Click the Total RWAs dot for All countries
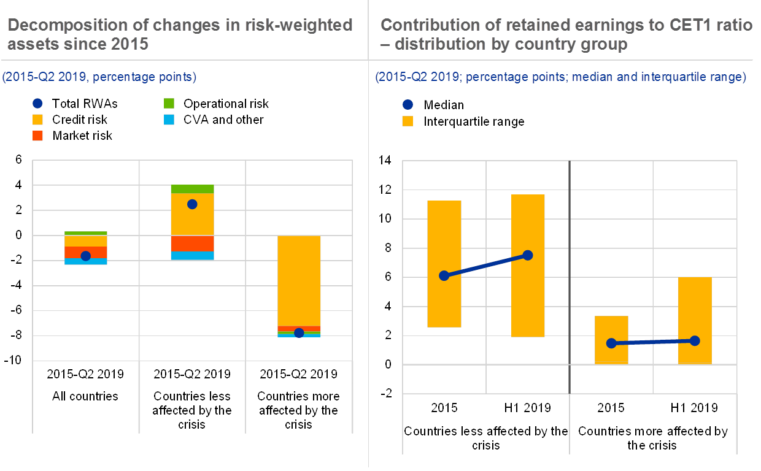click(x=86, y=256)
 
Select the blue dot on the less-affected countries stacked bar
click(x=192, y=204)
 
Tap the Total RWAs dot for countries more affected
click(x=299, y=333)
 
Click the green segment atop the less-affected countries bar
click(x=192, y=189)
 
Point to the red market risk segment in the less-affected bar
click(x=192, y=243)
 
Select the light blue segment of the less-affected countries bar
click(x=192, y=255)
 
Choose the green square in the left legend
click(x=169, y=104)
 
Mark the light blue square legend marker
click(x=169, y=120)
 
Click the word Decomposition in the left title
click(x=68, y=25)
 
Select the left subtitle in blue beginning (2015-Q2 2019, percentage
click(x=99, y=77)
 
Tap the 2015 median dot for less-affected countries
click(x=444, y=276)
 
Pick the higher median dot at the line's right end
click(x=527, y=255)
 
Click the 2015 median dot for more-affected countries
click(x=611, y=343)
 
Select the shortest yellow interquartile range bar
click(x=611, y=340)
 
